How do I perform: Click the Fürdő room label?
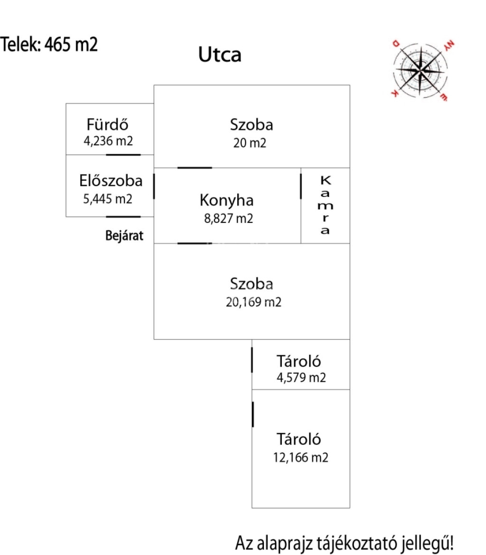pos(107,125)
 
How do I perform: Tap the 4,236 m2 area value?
pos(108,141)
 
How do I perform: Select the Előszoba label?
pos(111,181)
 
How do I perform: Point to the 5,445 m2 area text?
pos(108,199)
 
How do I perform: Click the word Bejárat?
pos(124,236)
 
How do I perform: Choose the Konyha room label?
pos(227,200)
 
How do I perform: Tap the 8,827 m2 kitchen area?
pos(228,218)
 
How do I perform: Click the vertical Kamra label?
pos(325,205)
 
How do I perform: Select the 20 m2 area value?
pos(250,143)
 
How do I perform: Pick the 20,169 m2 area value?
pos(253,302)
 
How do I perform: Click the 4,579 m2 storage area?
pos(301,377)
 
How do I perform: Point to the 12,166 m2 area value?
pos(301,457)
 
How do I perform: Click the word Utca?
pos(220,55)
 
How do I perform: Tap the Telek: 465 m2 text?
pos(49,45)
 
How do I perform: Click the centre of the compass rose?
pos(420,70)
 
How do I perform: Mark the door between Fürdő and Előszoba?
pos(123,155)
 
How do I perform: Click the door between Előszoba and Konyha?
pos(154,186)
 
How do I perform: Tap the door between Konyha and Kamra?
pos(301,186)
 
